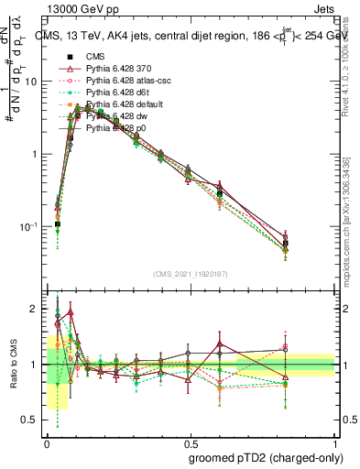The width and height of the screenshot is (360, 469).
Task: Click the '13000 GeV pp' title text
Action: [81, 8]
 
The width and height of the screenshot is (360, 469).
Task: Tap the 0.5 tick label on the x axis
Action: [191, 442]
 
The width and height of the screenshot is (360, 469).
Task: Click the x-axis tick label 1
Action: [333, 442]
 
